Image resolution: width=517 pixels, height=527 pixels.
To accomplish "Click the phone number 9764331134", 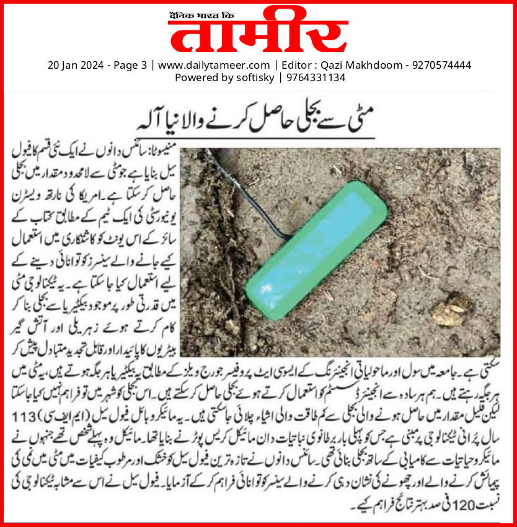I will click(315, 77).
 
